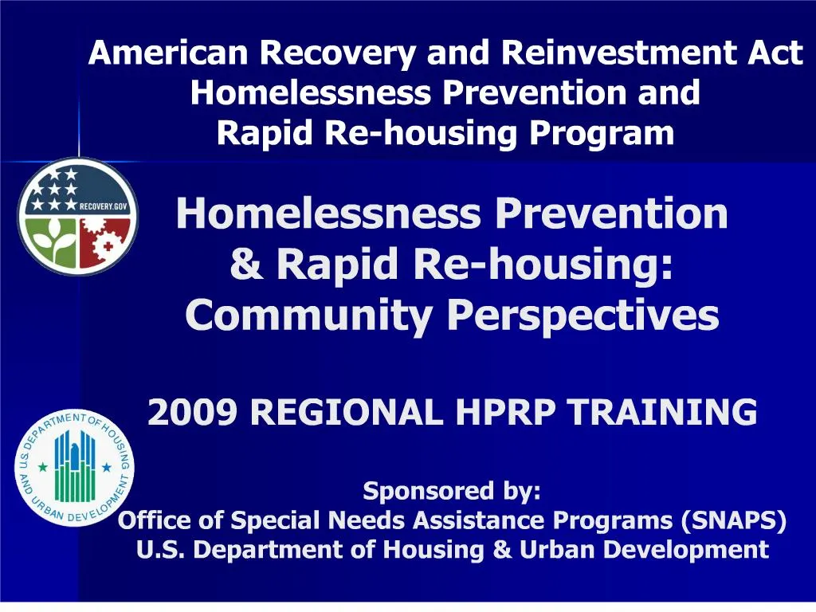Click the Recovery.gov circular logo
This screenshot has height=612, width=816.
[x=77, y=217]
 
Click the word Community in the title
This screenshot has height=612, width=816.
[x=310, y=316]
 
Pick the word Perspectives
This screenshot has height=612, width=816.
[x=583, y=316]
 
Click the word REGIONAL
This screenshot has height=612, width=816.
[x=345, y=413]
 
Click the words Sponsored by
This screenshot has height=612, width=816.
[x=452, y=491]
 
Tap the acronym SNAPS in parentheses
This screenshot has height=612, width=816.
[x=734, y=520]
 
